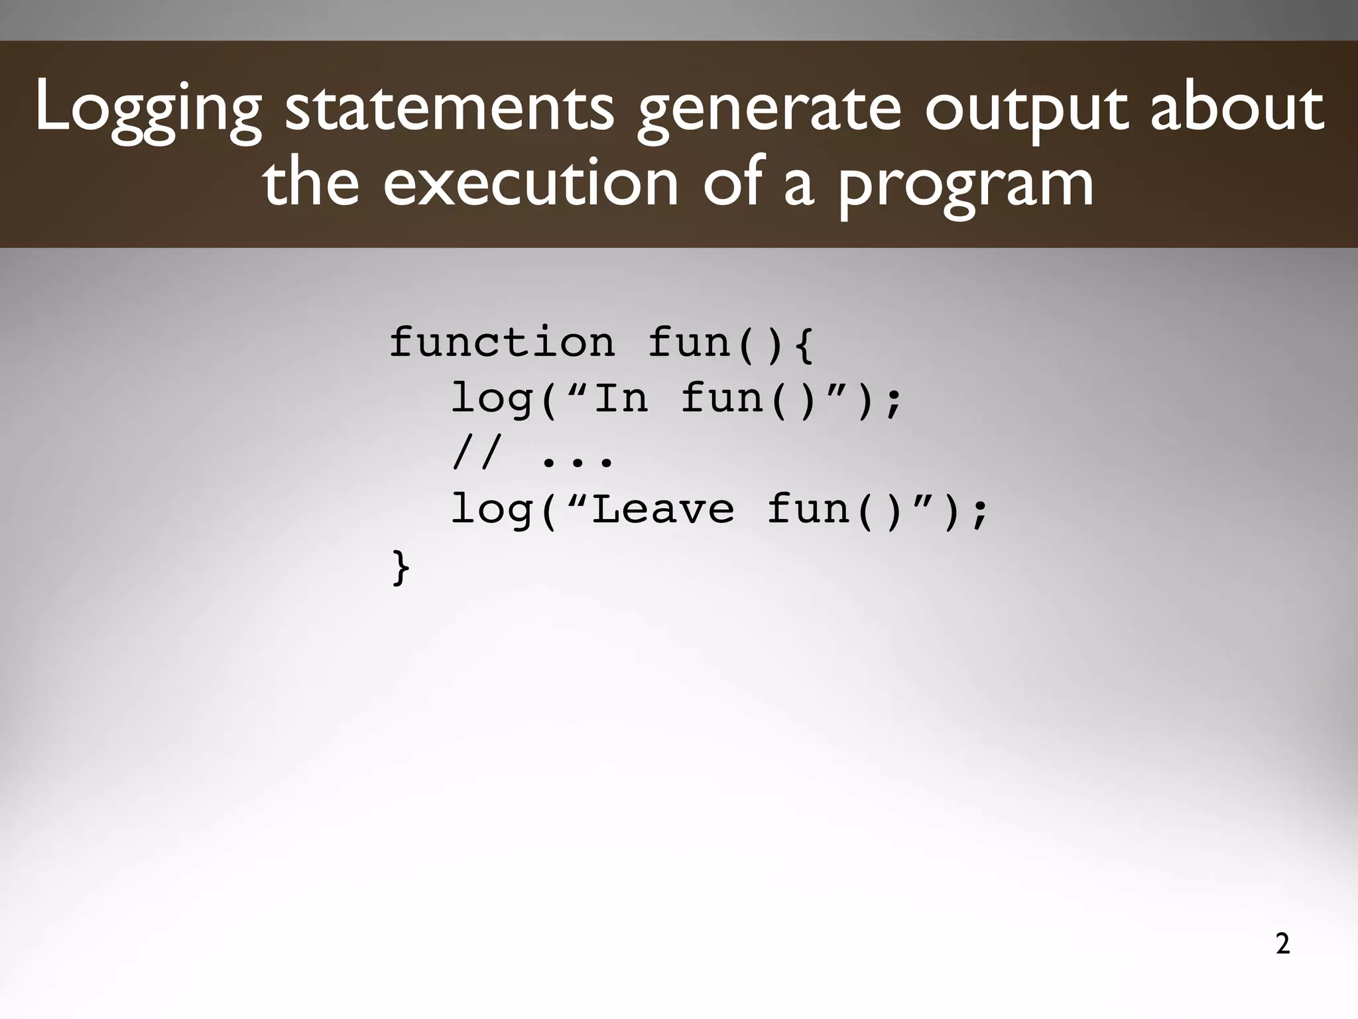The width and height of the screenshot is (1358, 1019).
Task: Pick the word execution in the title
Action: click(x=531, y=182)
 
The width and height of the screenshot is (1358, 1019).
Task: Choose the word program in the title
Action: click(x=965, y=186)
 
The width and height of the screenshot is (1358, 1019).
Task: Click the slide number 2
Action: click(x=1282, y=944)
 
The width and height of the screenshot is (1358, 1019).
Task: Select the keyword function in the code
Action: click(x=502, y=343)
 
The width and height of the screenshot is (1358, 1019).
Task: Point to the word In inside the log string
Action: click(x=621, y=398)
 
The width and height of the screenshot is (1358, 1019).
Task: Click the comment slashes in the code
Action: click(x=474, y=455)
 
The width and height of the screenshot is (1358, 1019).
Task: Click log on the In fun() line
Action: click(x=491, y=400)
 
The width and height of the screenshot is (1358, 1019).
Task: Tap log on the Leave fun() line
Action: click(x=491, y=510)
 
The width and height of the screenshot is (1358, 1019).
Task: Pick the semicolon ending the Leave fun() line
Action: click(x=979, y=512)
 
